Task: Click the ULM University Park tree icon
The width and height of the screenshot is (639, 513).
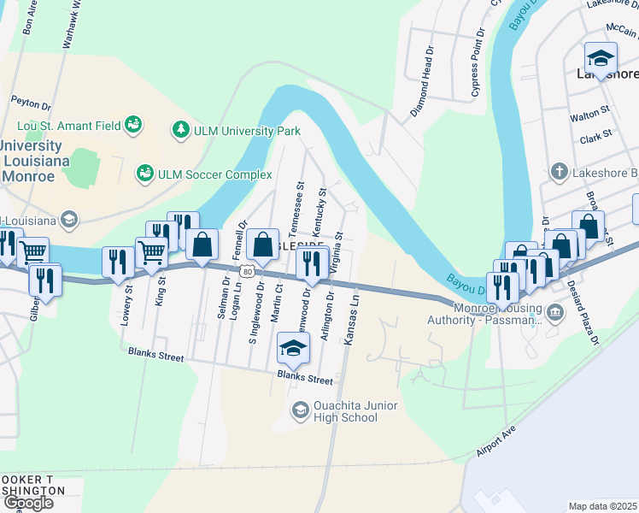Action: coord(180,130)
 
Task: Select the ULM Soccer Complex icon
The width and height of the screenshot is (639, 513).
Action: coord(145,174)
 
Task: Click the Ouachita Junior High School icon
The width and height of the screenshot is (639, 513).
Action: coord(300,410)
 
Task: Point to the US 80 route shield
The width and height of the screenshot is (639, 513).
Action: coord(247,272)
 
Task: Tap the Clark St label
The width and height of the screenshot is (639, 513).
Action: coord(595,135)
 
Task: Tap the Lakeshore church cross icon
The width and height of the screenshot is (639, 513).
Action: coord(559,172)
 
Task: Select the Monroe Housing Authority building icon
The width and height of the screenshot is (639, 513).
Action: coord(555,311)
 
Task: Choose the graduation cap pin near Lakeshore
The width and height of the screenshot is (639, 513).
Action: coord(601,59)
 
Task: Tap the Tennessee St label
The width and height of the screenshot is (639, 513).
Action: coord(299,209)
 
